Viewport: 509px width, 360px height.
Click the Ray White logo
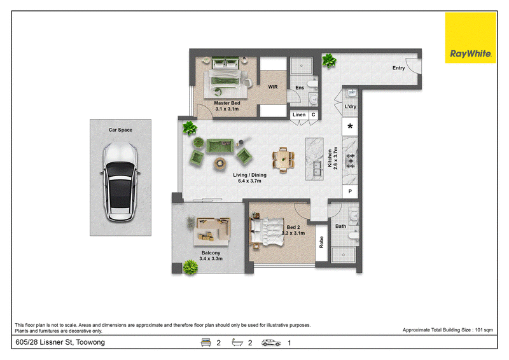(x=470, y=38)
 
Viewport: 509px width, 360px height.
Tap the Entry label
(x=398, y=68)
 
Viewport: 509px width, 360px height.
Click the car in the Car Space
(x=120, y=181)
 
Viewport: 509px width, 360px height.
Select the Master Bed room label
(x=227, y=106)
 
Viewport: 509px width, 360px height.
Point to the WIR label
(x=273, y=87)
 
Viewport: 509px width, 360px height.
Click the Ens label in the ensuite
(x=300, y=88)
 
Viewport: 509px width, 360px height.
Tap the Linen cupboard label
(x=299, y=114)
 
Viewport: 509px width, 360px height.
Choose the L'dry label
(x=351, y=106)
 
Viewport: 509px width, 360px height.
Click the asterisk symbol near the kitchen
(x=350, y=127)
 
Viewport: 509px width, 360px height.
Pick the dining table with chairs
(x=283, y=160)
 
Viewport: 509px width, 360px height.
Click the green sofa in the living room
(x=220, y=146)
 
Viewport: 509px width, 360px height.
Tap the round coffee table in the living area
(x=220, y=163)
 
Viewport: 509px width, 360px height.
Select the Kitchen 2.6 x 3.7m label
(x=332, y=158)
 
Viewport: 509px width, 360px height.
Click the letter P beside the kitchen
(x=350, y=191)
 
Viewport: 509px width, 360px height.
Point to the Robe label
(x=321, y=242)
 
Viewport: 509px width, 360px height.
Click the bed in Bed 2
(x=267, y=231)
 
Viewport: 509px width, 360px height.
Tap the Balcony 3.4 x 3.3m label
(x=211, y=256)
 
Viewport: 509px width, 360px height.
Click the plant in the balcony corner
(x=190, y=268)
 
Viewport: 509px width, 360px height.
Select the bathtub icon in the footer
(x=237, y=342)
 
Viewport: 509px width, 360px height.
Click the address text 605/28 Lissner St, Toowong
(x=60, y=342)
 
